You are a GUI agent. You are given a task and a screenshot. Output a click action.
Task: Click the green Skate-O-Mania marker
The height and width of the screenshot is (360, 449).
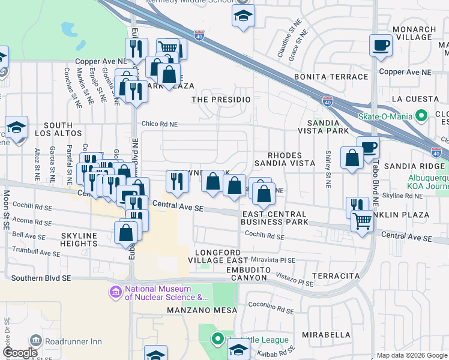pyautogui.click(x=421, y=115)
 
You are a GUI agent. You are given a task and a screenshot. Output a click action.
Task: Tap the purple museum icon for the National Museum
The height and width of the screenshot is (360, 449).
pyautogui.click(x=115, y=292)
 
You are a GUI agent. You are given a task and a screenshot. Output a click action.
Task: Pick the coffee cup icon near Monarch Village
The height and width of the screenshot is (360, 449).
pyautogui.click(x=381, y=46)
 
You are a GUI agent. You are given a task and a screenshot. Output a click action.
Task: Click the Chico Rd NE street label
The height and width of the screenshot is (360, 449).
pyautogui.click(x=160, y=124)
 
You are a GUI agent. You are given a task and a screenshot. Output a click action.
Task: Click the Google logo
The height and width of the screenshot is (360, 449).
pyautogui.click(x=20, y=353)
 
